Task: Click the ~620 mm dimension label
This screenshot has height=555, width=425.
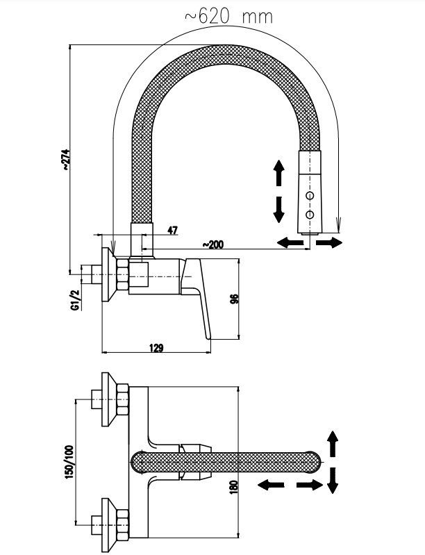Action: pyautogui.click(x=228, y=17)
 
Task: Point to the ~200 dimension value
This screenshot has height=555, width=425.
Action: pyautogui.click(x=212, y=245)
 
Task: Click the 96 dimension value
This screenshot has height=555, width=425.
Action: pyautogui.click(x=234, y=299)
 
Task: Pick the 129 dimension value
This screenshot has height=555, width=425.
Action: pyautogui.click(x=156, y=348)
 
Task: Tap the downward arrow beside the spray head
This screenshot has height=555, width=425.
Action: pyautogui.click(x=278, y=208)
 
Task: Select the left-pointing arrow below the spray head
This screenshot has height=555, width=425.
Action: pyautogui.click(x=290, y=242)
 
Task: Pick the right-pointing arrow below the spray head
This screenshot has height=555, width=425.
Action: pyautogui.click(x=330, y=242)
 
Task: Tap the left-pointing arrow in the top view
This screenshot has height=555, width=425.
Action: pyautogui.click(x=272, y=484)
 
